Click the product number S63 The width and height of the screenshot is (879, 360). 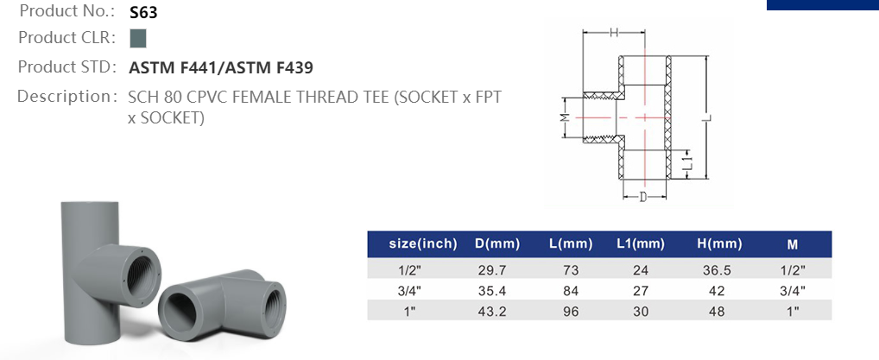click(x=143, y=13)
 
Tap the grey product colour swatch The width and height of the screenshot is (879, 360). click(x=137, y=39)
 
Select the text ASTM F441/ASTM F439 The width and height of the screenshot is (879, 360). click(x=220, y=67)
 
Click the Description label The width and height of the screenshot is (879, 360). click(x=66, y=96)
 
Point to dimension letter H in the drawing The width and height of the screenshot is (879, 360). click(x=613, y=33)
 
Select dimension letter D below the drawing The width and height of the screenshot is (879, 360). click(x=643, y=198)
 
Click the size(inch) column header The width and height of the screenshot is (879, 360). click(x=423, y=244)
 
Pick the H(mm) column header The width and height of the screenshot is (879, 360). click(x=719, y=244)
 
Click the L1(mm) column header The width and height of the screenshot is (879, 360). click(x=640, y=244)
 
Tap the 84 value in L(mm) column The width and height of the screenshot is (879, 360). click(x=570, y=291)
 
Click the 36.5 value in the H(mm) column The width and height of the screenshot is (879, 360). click(x=719, y=270)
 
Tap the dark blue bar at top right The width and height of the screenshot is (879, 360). click(x=822, y=4)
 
